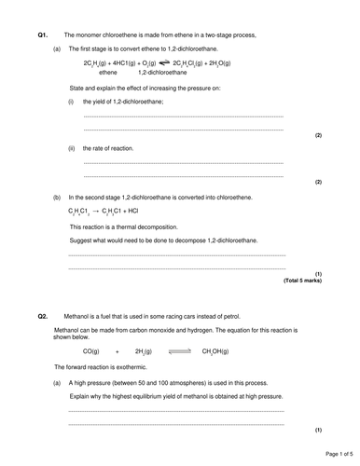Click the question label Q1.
coord(43,34)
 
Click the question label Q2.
coord(43,318)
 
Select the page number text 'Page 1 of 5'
coord(328,454)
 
